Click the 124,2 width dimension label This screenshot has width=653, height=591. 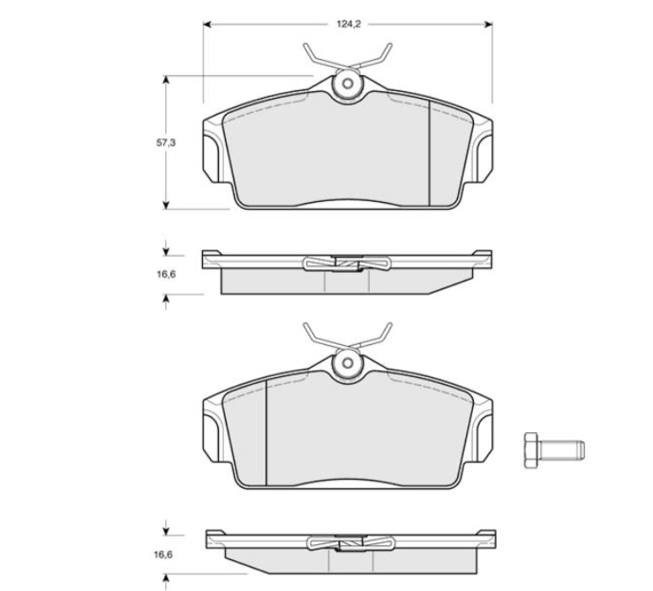(349, 24)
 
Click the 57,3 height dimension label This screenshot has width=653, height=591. (166, 143)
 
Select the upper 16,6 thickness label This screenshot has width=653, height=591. (166, 274)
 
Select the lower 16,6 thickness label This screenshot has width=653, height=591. (163, 555)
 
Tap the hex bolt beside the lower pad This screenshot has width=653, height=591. (554, 450)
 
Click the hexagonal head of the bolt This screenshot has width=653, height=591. (531, 450)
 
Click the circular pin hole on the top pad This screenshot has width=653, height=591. (348, 84)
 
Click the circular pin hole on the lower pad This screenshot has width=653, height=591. (348, 363)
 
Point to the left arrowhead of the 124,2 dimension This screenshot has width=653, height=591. (207, 24)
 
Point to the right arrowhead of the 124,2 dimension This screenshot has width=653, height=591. (488, 24)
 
